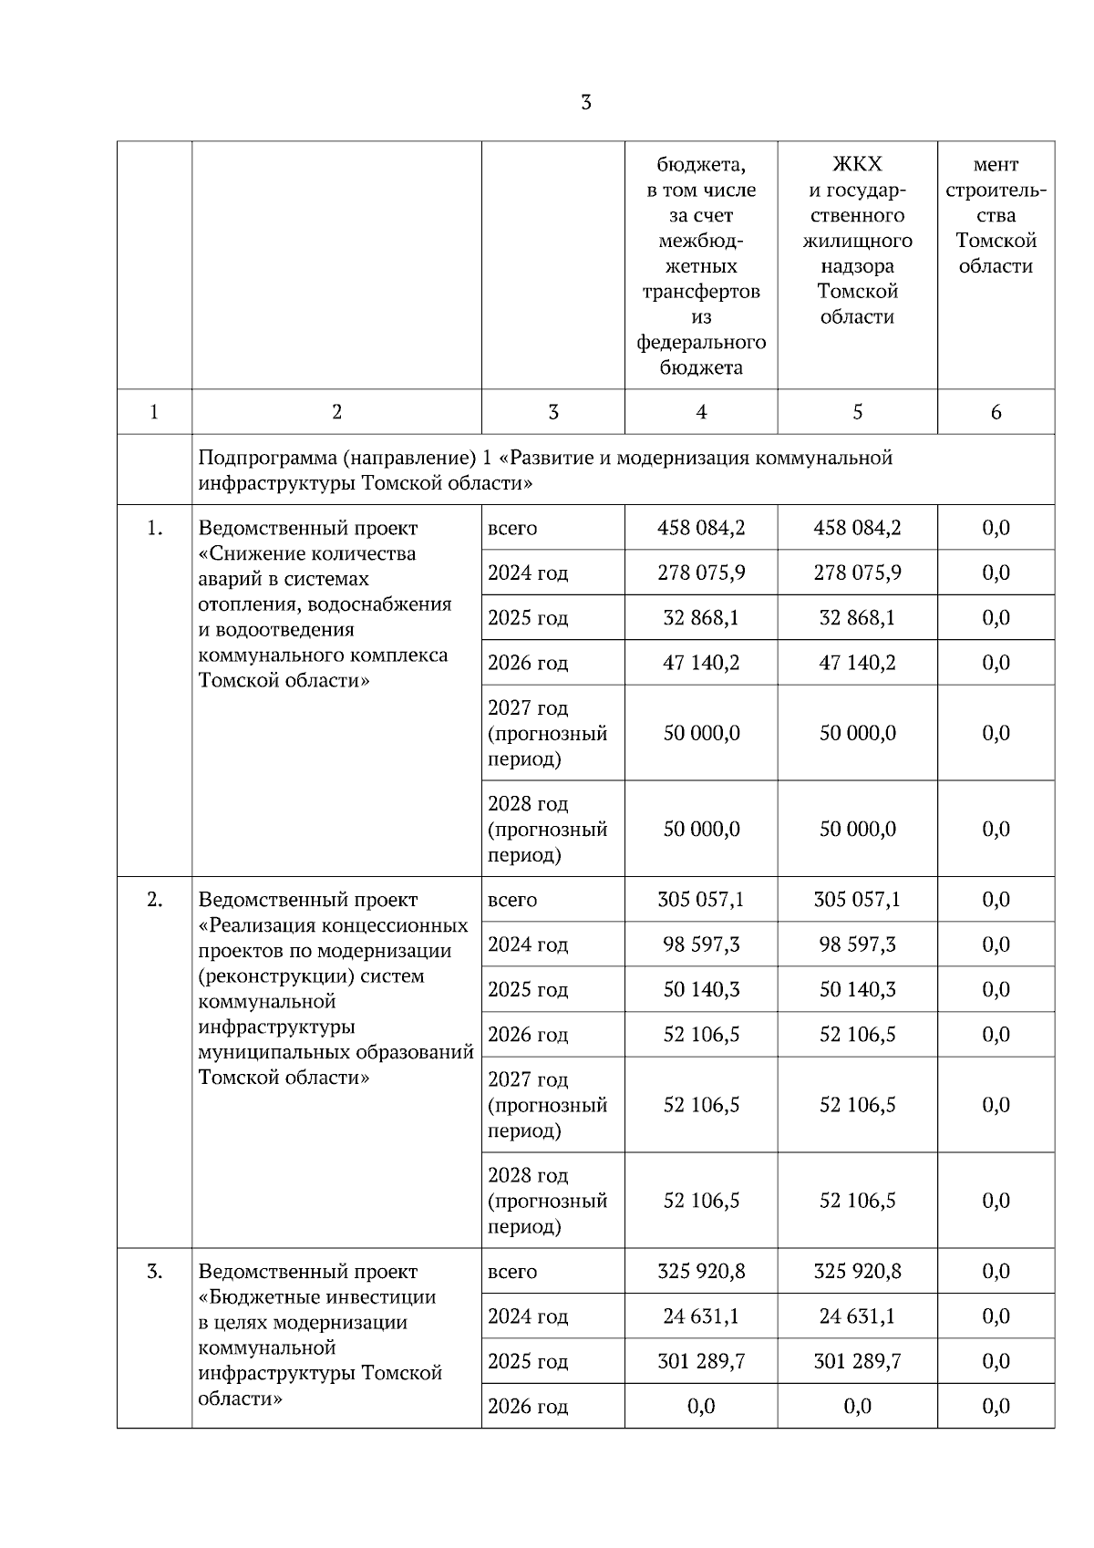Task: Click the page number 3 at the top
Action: point(585,102)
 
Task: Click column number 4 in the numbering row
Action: point(701,412)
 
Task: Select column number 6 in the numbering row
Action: point(996,412)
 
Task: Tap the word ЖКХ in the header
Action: point(857,165)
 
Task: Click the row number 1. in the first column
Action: point(154,528)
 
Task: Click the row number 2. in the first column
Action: point(154,900)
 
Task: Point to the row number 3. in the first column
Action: point(154,1271)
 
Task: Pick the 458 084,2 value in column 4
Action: point(701,528)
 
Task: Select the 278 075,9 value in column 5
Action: point(857,573)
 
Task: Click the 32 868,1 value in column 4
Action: point(701,618)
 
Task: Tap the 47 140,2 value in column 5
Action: point(857,663)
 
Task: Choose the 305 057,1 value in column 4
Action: point(701,900)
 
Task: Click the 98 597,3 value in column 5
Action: point(857,944)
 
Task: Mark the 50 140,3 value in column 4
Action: point(701,989)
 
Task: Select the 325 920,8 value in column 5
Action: point(857,1271)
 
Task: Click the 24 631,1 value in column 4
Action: point(701,1316)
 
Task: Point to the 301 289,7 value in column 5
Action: point(857,1361)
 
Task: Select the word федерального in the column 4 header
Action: point(701,343)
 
